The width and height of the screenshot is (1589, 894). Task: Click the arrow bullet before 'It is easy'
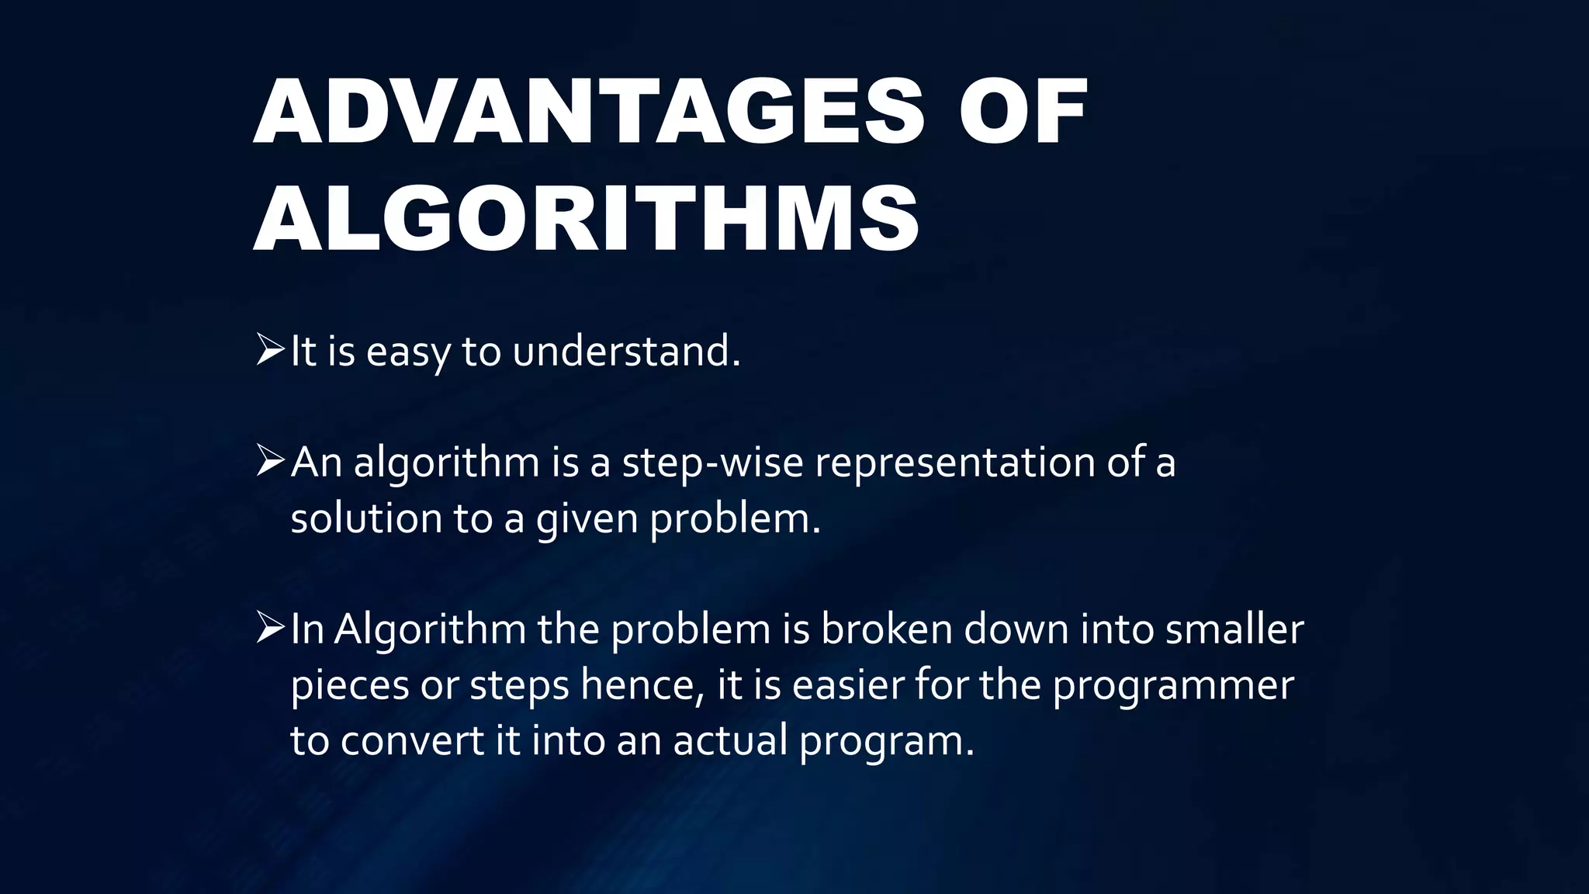270,350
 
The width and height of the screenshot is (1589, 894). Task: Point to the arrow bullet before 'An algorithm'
270,461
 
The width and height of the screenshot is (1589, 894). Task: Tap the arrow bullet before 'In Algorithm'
270,628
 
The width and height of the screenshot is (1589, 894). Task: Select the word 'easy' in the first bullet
408,353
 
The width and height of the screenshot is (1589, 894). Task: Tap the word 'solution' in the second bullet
365,518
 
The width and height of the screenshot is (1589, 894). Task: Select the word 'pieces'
350,686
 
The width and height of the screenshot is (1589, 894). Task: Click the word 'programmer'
1173,686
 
